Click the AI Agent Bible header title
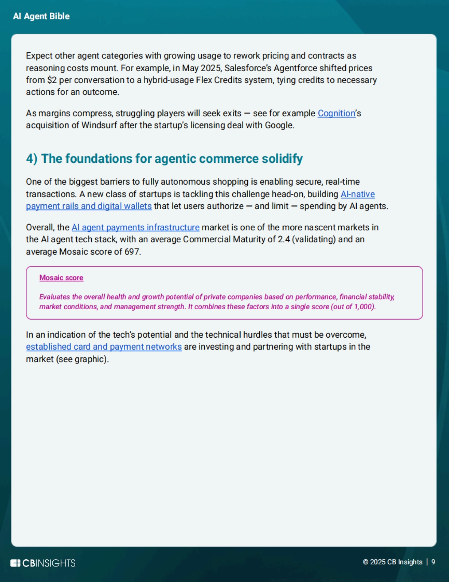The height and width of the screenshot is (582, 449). click(41, 16)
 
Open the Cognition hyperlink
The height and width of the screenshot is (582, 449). click(336, 113)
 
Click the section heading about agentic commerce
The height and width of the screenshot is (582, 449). click(164, 159)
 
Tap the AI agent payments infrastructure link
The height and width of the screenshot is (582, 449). click(135, 228)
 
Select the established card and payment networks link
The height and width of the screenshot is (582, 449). click(104, 347)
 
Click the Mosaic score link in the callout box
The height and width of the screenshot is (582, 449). click(61, 278)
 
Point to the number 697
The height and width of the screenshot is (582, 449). click(132, 252)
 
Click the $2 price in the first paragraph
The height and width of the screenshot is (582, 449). click(52, 80)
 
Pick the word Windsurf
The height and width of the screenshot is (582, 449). click(99, 125)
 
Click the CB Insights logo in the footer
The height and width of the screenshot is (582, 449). click(43, 563)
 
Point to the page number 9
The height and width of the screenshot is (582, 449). click(433, 562)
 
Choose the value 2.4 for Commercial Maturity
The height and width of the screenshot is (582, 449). click(284, 240)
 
